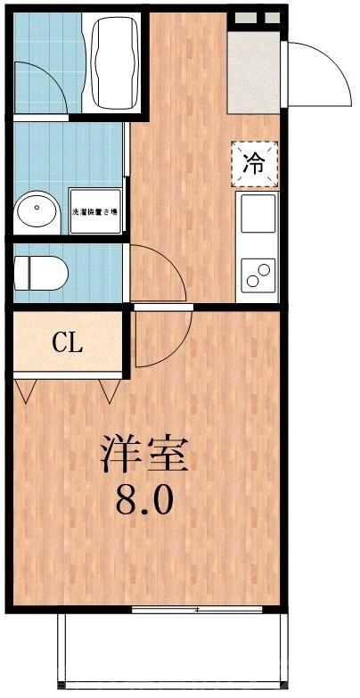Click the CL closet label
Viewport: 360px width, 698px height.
[x=67, y=342]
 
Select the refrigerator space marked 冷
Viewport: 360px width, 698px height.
[x=255, y=163]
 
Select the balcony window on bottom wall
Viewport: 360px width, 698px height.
[x=196, y=610]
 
